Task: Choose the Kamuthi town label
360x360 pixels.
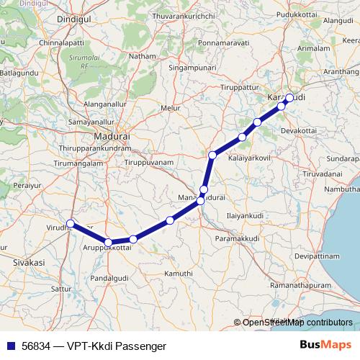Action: click(179, 274)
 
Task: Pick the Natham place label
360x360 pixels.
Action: click(143, 55)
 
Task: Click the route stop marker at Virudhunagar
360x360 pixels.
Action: click(70, 223)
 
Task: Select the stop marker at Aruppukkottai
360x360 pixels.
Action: click(108, 243)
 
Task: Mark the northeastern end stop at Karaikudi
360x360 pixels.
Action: click(289, 97)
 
